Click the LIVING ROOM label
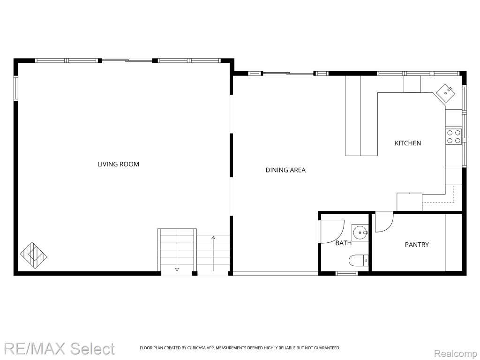[118, 164]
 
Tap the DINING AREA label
[285, 170]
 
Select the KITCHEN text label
[408, 143]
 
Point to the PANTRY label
[417, 245]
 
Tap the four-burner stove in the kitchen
[454, 136]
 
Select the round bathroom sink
[360, 232]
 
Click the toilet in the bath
[359, 261]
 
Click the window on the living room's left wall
[16, 89]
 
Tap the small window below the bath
[346, 273]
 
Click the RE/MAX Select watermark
[59, 348]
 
